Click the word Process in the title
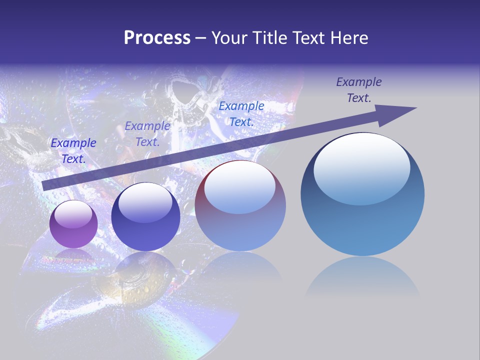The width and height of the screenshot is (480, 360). pyautogui.click(x=157, y=38)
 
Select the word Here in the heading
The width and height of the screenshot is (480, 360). pyautogui.click(x=348, y=38)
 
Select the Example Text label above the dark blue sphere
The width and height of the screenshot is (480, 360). pyautogui.click(x=147, y=134)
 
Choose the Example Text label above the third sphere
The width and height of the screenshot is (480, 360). pyautogui.click(x=241, y=113)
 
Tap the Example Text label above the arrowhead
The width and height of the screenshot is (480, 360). pyautogui.click(x=358, y=90)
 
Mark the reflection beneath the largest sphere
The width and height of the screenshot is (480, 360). pyautogui.click(x=362, y=277)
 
